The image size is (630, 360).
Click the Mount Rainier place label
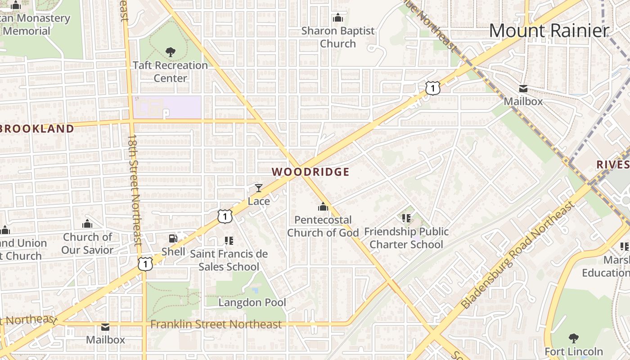coord(549,31)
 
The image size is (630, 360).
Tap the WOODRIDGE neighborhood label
coord(310,172)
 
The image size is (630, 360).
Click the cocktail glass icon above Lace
coord(259,188)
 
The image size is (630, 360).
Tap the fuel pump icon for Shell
coord(173,238)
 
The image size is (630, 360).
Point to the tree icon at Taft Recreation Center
coord(171,52)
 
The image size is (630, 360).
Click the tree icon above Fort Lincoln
coord(573,338)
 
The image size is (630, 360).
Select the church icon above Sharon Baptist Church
coord(337,18)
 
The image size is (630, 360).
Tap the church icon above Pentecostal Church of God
coord(323,207)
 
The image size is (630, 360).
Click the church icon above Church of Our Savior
coord(87,224)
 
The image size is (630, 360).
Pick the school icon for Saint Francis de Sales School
coord(229,241)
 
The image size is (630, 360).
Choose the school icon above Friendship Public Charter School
coord(406,219)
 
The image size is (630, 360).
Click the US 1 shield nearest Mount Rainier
coord(432,88)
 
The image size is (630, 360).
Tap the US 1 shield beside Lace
coord(225,216)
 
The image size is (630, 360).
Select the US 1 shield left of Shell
coord(145,264)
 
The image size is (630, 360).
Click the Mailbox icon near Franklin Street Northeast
coord(105,327)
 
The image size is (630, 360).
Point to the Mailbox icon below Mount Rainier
coord(523,88)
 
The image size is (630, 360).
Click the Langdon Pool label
coord(252,302)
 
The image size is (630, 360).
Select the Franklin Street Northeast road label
coord(216,324)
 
